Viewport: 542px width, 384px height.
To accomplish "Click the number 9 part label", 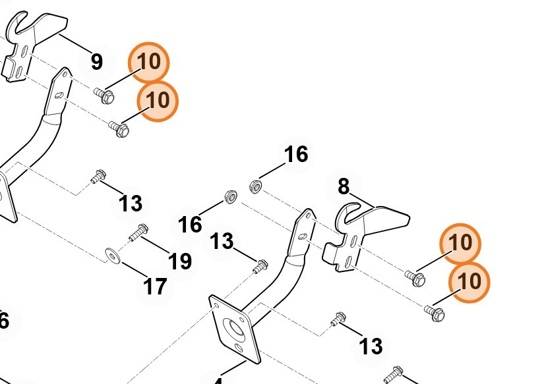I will (96, 62).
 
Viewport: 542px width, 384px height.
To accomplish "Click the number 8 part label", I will (343, 187).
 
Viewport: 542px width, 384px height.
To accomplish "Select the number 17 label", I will (156, 287).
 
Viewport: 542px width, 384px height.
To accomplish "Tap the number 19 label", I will (179, 261).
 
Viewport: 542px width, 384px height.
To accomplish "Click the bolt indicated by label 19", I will (136, 233).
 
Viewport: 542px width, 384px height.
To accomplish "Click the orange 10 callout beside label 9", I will (149, 62).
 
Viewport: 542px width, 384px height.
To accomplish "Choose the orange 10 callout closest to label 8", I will (461, 243).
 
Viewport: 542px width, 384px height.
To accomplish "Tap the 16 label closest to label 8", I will (296, 154).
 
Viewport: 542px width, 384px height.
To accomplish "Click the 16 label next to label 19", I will (190, 225).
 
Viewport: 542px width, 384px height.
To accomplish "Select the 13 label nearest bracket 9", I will (131, 204).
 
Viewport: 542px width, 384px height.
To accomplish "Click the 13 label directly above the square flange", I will (222, 241).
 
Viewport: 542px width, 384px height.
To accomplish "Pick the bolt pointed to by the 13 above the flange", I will (260, 267).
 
